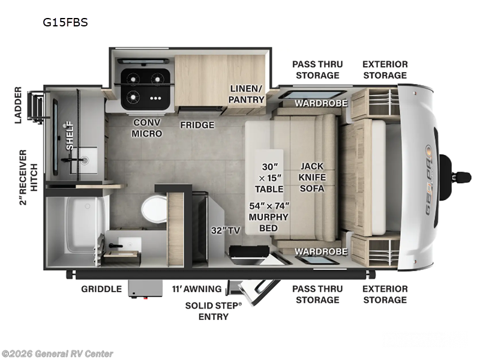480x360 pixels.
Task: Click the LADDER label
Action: (17, 106)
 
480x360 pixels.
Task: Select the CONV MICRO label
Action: (147, 128)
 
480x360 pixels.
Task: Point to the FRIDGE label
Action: (197, 125)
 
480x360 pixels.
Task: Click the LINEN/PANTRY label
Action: (247, 94)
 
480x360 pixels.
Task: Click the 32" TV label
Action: (221, 230)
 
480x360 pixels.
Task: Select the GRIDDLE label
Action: (101, 289)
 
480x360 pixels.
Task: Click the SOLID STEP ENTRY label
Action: (214, 310)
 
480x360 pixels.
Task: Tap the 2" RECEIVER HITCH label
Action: (23, 176)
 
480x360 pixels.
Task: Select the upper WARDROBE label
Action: (320, 103)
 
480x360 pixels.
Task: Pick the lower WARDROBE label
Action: (320, 251)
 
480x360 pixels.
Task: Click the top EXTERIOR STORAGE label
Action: (385, 70)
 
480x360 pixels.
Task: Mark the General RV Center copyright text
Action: (57, 353)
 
